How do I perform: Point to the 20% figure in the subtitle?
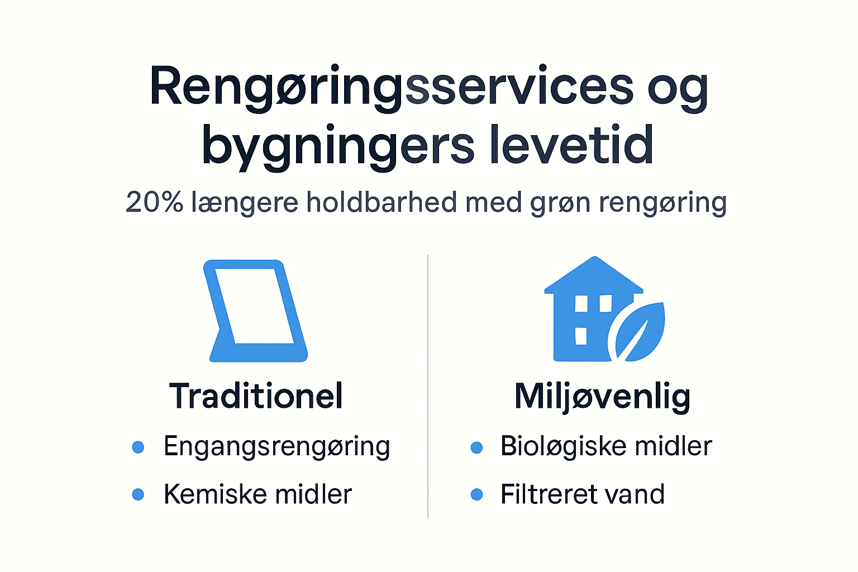point(154,202)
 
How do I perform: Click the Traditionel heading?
point(256,396)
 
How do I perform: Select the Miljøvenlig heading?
point(602,397)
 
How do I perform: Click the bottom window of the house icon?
point(581,336)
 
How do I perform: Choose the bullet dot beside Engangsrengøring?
point(138,447)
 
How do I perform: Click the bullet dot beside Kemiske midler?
point(138,494)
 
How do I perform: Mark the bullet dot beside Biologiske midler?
point(476,447)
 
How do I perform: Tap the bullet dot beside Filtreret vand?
point(476,494)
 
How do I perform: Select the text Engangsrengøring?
point(277,447)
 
